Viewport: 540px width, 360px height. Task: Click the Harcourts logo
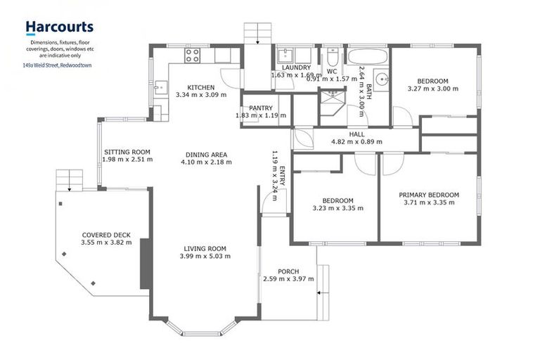(x=59, y=27)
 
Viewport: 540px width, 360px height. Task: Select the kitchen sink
(x=159, y=88)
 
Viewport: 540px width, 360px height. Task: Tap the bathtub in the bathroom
(x=364, y=56)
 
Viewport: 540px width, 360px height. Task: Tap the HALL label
(x=356, y=134)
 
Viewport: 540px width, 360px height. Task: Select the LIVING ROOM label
(x=205, y=248)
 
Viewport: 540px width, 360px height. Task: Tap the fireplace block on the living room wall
(x=145, y=263)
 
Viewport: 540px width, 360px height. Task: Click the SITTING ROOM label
(x=127, y=151)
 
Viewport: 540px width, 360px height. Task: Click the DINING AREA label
(x=206, y=155)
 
